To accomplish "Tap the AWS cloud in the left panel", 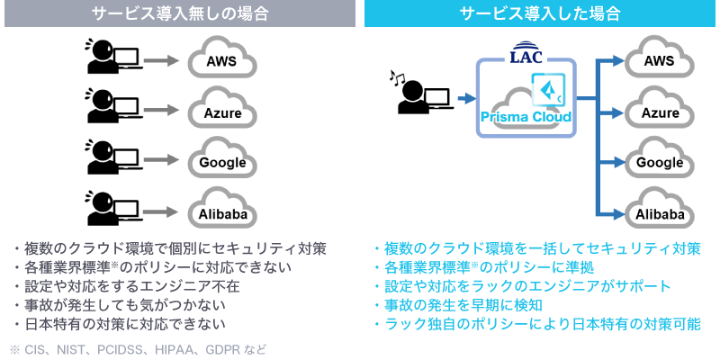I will pos(221,61).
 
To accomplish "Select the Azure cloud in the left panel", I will pos(221,112).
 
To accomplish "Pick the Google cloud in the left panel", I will pos(221,163).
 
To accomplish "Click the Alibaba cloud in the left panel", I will pos(221,213).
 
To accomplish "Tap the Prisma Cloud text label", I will pos(526,117).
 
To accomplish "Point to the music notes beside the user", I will pos(396,77).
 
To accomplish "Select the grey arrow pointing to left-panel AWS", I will pos(161,61).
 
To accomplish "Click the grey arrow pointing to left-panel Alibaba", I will pos(161,213).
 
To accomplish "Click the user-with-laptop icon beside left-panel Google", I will pos(111,158).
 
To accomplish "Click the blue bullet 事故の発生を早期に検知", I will pos(458,305).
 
